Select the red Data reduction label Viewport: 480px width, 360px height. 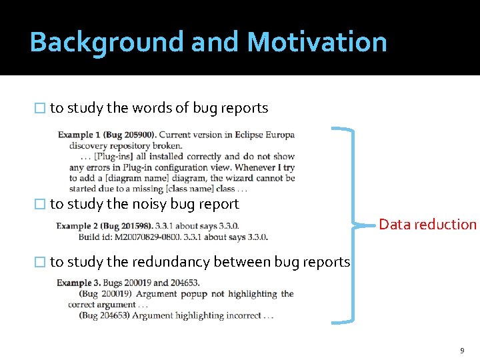click(x=428, y=224)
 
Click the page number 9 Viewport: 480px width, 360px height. click(x=461, y=351)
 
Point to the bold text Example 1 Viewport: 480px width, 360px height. click(x=79, y=135)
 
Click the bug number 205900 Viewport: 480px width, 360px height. click(x=137, y=135)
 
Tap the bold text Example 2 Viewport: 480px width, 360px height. click(x=78, y=226)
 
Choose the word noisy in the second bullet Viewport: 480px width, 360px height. click(x=151, y=203)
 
